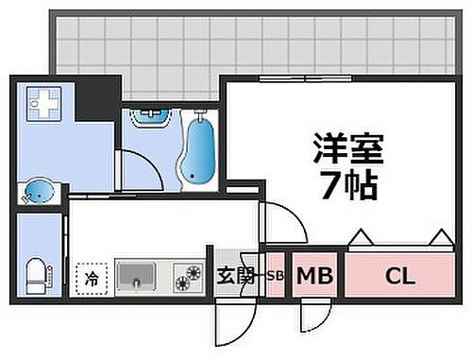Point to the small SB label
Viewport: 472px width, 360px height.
coord(275,277)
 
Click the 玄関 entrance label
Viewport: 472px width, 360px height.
coord(237,277)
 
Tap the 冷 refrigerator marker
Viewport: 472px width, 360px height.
coord(93,278)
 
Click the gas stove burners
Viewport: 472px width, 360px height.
coord(188,277)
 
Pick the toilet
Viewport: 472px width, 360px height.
coord(35,270)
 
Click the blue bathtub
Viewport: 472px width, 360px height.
coord(199,148)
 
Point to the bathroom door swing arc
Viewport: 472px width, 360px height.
coord(138,167)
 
